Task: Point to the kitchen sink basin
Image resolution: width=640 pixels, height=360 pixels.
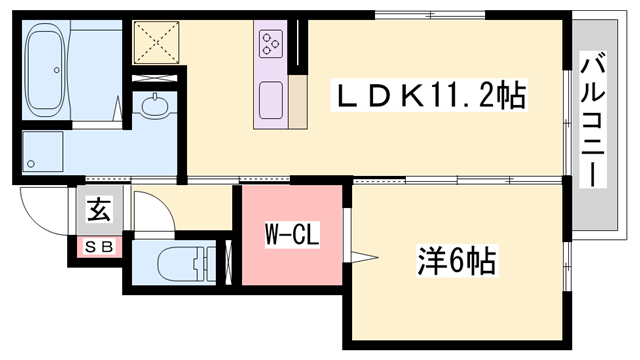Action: [x=272, y=100]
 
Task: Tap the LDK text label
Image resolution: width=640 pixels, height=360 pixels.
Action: [x=381, y=97]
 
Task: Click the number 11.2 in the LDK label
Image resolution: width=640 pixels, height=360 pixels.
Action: [x=461, y=97]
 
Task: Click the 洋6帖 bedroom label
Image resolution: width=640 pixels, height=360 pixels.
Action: [x=455, y=262]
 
